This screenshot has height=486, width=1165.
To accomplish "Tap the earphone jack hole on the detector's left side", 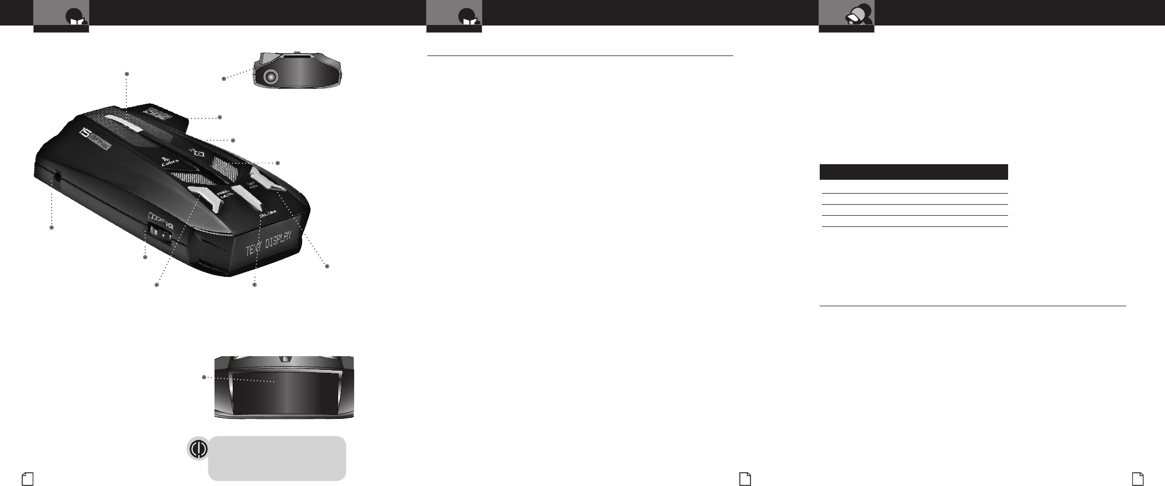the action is pyautogui.click(x=58, y=178).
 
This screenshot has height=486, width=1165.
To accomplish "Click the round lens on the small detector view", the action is pyautogui.click(x=270, y=78).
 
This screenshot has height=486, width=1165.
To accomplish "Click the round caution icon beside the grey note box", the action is pyautogui.click(x=198, y=448).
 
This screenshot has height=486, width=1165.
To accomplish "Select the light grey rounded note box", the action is pyautogui.click(x=277, y=458).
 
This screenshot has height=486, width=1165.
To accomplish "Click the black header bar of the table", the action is pyautogui.click(x=913, y=171).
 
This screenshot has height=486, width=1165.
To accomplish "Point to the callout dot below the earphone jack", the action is pyautogui.click(x=52, y=227).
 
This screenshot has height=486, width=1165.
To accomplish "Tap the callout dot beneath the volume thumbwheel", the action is pyautogui.click(x=146, y=257).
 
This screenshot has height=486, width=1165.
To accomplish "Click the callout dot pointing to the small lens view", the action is pyautogui.click(x=224, y=79).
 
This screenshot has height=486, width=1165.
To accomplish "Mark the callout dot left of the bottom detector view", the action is pyautogui.click(x=205, y=377).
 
